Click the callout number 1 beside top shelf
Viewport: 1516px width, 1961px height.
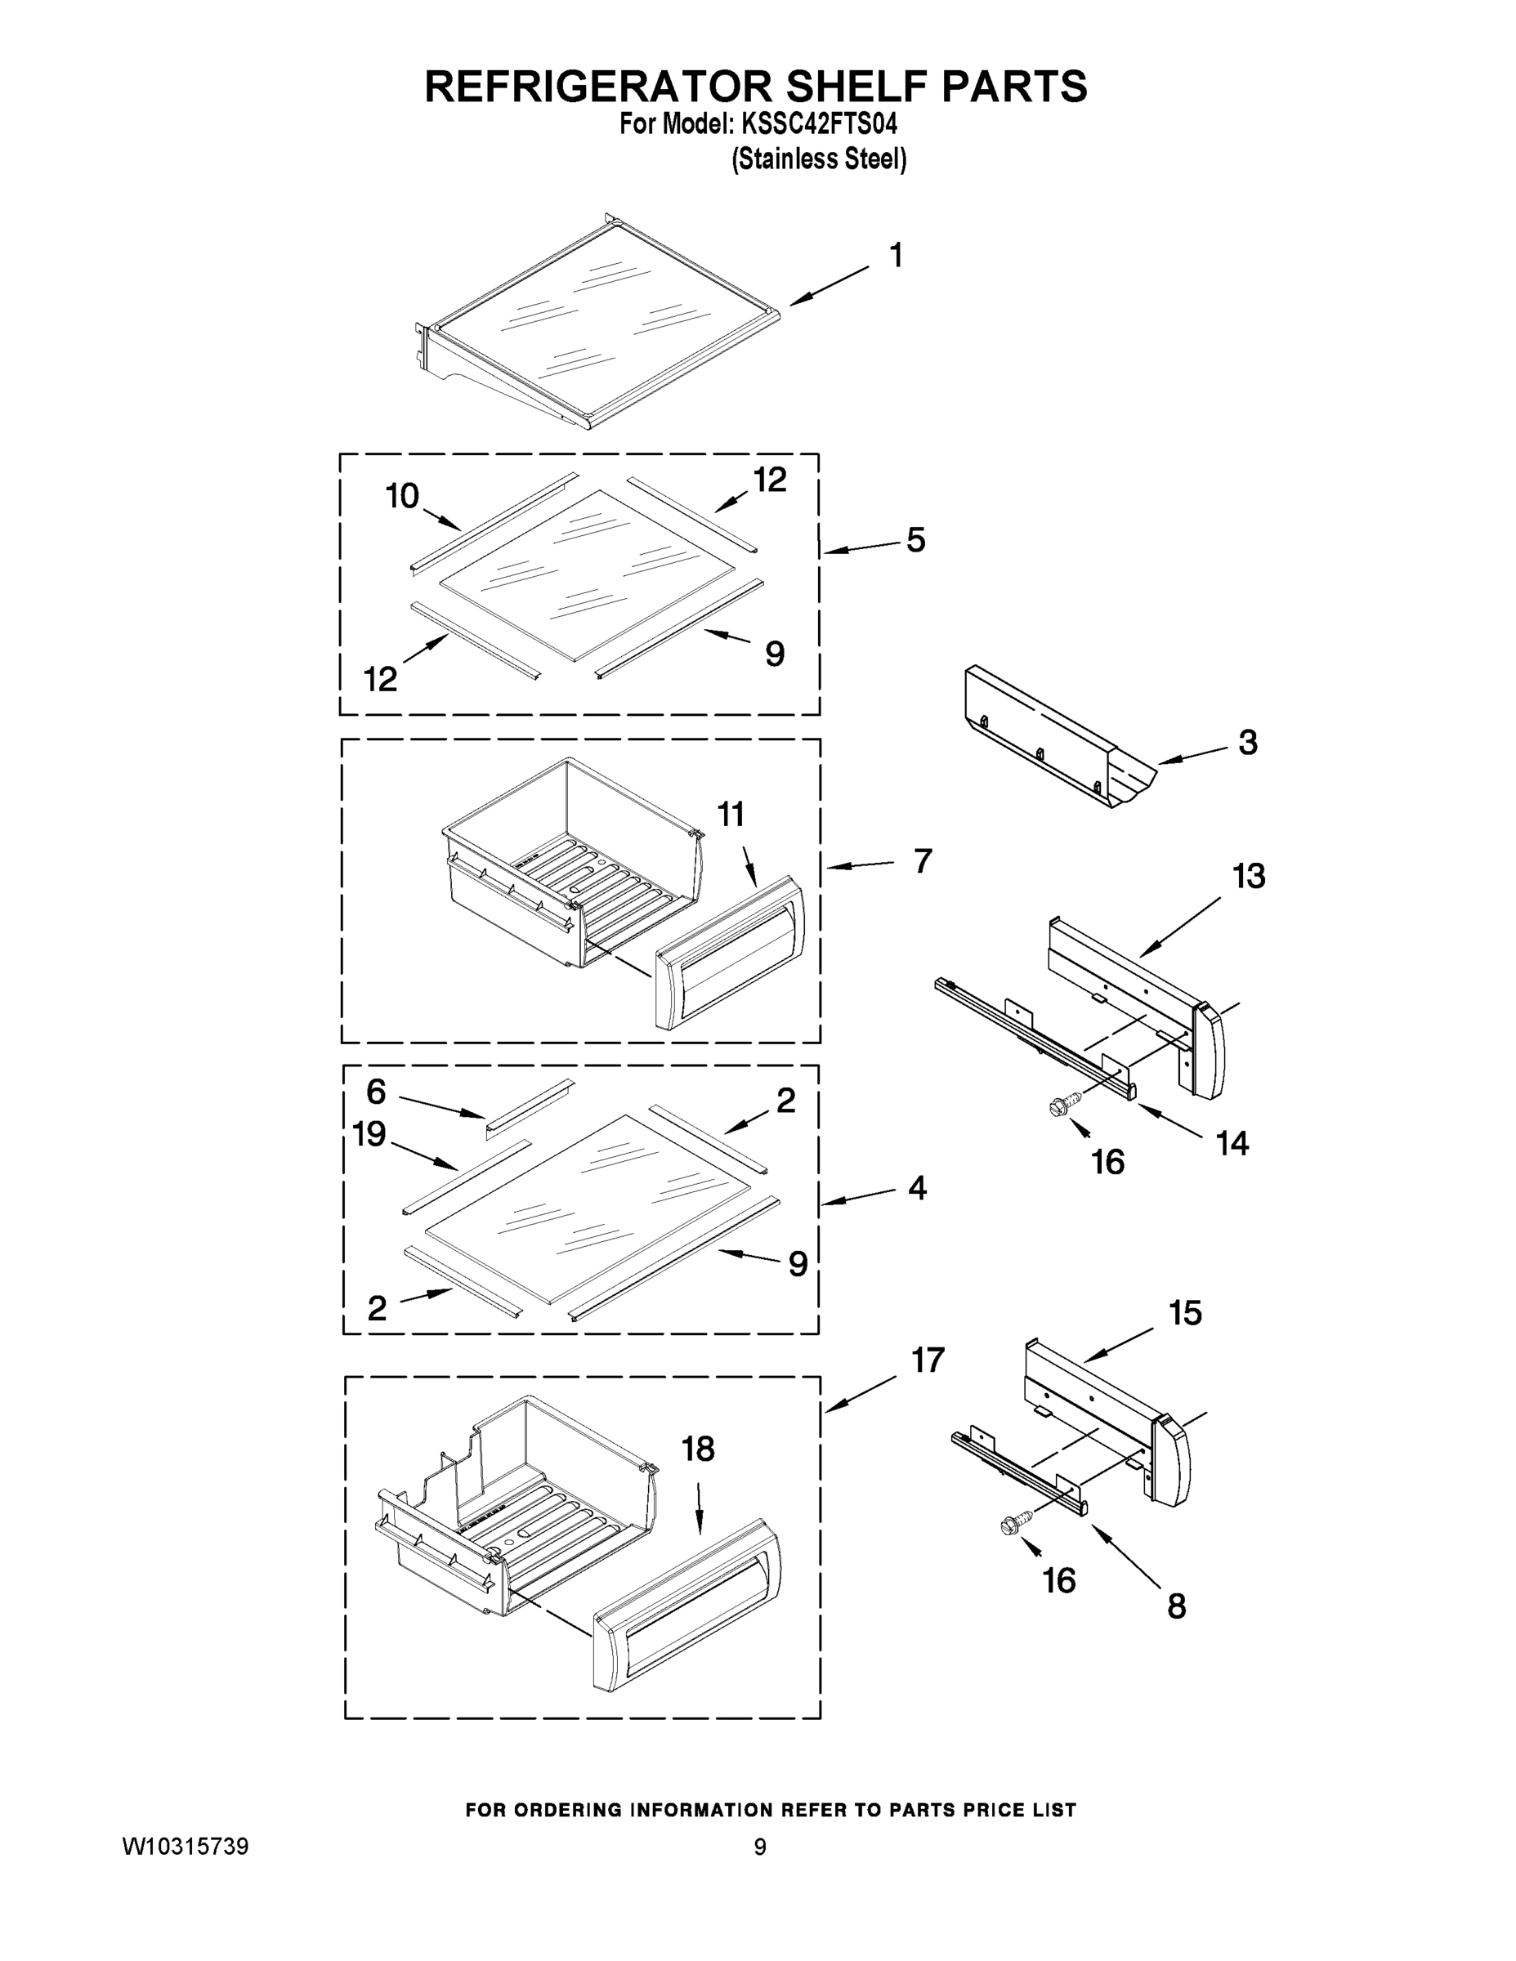[x=896, y=256]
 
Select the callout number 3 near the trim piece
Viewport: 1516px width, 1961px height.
[x=1247, y=743]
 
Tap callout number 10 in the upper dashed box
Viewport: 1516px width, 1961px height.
[x=402, y=496]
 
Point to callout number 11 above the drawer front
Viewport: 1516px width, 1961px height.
[x=731, y=815]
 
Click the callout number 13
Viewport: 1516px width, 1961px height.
[x=1249, y=877]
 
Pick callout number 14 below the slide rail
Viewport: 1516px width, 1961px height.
[x=1232, y=1143]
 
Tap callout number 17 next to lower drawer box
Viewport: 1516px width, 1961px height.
[x=928, y=1360]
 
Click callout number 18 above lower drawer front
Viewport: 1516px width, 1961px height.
[x=698, y=1449]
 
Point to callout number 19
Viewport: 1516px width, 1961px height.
[x=369, y=1134]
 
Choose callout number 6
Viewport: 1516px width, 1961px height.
[x=375, y=1092]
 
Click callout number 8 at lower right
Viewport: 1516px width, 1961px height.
[x=1177, y=1606]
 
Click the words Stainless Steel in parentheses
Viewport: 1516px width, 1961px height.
[x=819, y=160]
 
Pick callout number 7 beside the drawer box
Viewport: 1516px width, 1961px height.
[x=923, y=861]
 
